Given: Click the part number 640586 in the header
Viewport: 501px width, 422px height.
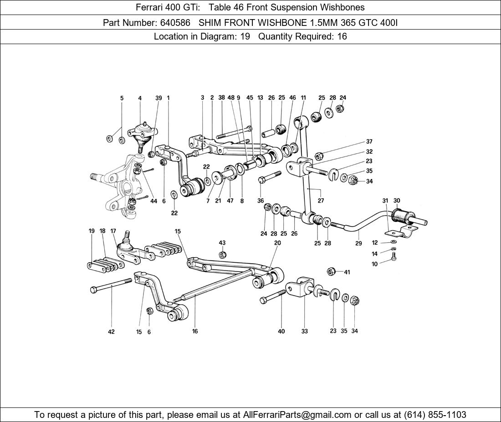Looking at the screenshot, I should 175,22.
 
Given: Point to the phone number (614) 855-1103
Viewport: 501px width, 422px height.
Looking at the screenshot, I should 435,414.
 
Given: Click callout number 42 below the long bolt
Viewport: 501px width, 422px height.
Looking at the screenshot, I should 112,332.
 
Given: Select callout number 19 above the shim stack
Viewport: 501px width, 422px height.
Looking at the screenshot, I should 92,231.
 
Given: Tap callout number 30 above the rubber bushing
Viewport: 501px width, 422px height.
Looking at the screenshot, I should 397,201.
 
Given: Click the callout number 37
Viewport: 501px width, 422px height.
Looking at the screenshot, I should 369,142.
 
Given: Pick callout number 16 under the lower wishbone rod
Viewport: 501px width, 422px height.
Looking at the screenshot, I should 195,331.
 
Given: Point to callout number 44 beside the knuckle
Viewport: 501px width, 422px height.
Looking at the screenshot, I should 154,201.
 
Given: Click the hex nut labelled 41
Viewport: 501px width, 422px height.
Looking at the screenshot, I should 332,271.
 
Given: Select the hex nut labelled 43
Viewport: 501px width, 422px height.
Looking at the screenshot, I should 222,255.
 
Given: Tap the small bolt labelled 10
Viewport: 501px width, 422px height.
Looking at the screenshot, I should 394,258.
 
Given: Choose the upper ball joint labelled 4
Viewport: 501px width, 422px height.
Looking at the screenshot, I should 141,133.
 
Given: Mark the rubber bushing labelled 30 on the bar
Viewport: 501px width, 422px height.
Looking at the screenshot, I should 399,215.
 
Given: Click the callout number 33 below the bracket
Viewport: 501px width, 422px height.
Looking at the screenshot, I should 304,331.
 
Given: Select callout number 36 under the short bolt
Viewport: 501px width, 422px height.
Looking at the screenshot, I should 261,201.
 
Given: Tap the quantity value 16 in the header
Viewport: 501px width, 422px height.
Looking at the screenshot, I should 342,36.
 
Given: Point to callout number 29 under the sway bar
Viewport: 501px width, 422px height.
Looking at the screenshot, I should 358,243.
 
